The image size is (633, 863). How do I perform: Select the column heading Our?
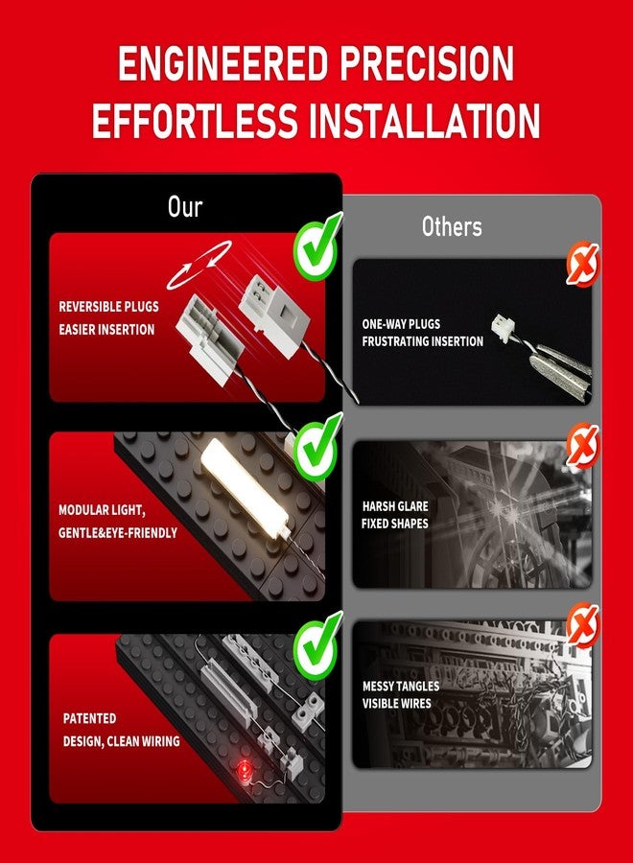185,207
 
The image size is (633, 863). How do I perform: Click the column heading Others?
452,227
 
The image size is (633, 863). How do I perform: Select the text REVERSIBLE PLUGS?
109,307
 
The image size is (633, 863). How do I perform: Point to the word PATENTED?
90,718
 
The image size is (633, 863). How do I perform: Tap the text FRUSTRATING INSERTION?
423,341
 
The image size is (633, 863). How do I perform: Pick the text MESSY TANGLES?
401,687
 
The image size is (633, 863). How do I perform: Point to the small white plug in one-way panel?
501,326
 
